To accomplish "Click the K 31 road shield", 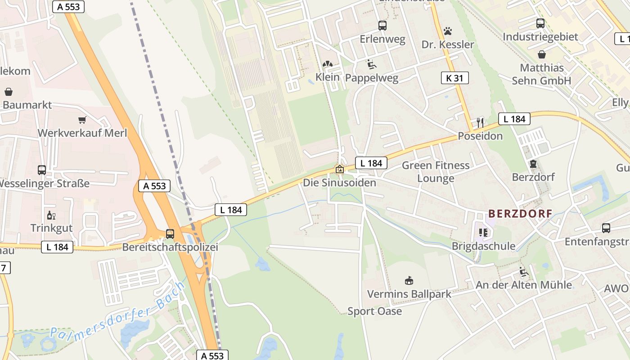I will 454,78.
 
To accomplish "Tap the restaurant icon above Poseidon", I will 480,122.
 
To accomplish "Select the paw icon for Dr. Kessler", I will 447,31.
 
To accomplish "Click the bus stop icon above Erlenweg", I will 382,26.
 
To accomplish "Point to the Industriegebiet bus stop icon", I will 540,23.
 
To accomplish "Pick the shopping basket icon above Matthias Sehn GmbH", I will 542,54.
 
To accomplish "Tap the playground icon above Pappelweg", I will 372,64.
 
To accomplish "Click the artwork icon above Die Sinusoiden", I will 339,169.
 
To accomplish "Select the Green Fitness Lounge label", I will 435,172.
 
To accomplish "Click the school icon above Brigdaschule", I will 483,233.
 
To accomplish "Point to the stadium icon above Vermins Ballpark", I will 409,281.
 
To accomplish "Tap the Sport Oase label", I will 374,311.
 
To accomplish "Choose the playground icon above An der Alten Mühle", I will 524,272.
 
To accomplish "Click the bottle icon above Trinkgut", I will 51,215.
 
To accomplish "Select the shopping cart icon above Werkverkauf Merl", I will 82,120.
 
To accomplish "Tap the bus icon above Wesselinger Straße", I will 42,170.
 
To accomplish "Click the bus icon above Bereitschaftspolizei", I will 170,234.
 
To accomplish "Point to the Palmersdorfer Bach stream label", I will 117,313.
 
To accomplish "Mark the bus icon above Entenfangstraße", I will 606,228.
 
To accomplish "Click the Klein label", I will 327,77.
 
